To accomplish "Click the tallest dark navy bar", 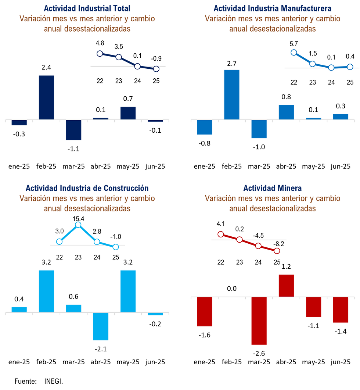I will [x=46, y=97].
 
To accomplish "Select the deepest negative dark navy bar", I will [x=73, y=130].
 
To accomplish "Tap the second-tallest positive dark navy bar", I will [x=128, y=112].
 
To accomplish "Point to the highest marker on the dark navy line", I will [x=100, y=53].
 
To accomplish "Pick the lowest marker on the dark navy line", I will [x=156, y=69].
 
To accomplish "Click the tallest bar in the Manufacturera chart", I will [x=232, y=94].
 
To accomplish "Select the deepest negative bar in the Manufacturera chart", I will [x=259, y=129].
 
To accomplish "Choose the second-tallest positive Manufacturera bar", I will [x=286, y=111].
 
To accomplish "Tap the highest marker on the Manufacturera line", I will [x=294, y=52].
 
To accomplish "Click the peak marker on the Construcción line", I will [x=78, y=224].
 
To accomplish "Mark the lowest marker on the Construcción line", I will [x=116, y=247].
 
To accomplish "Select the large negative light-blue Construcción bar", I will [x=101, y=327].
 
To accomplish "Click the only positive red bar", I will [x=286, y=285].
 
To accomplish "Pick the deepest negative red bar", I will [x=259, y=321].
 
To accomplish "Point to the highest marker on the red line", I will [x=220, y=234].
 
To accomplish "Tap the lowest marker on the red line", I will [x=277, y=251].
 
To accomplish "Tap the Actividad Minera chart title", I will [x=272, y=188].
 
